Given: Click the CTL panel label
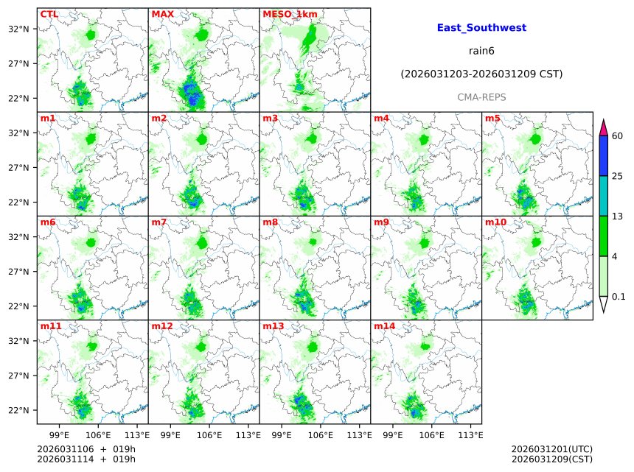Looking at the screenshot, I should (49, 14).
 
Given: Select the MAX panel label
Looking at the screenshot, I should (162, 14).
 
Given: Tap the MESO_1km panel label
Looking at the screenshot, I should (290, 14).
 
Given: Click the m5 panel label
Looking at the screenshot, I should (492, 118).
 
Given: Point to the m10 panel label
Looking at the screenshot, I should (495, 222).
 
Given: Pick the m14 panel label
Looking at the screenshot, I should (384, 325).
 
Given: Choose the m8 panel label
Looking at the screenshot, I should (270, 222).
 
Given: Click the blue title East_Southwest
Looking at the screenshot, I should (481, 28).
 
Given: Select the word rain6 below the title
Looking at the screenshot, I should (481, 51).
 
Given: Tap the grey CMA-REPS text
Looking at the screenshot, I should (481, 97).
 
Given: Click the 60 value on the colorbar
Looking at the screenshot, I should (618, 136).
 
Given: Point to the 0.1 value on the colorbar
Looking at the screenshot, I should (619, 297).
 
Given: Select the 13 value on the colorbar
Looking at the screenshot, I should (618, 216).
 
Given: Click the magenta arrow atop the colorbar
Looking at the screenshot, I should (603, 127).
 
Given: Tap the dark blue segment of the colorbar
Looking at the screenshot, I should (603, 155).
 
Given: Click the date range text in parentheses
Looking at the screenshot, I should (481, 74).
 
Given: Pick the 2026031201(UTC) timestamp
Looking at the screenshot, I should (551, 449).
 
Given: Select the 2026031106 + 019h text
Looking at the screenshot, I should (86, 449).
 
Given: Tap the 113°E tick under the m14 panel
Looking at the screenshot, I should (471, 434).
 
